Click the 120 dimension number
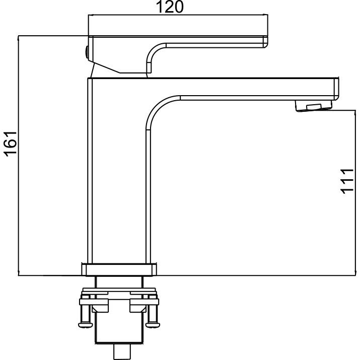[170, 7]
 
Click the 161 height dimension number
[10, 144]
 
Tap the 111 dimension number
[347, 181]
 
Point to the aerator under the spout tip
[314, 106]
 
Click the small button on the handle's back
[87, 52]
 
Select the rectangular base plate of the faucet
[119, 269]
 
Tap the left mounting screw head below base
[86, 325]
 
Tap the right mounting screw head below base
[153, 325]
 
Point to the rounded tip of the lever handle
[266, 42]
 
